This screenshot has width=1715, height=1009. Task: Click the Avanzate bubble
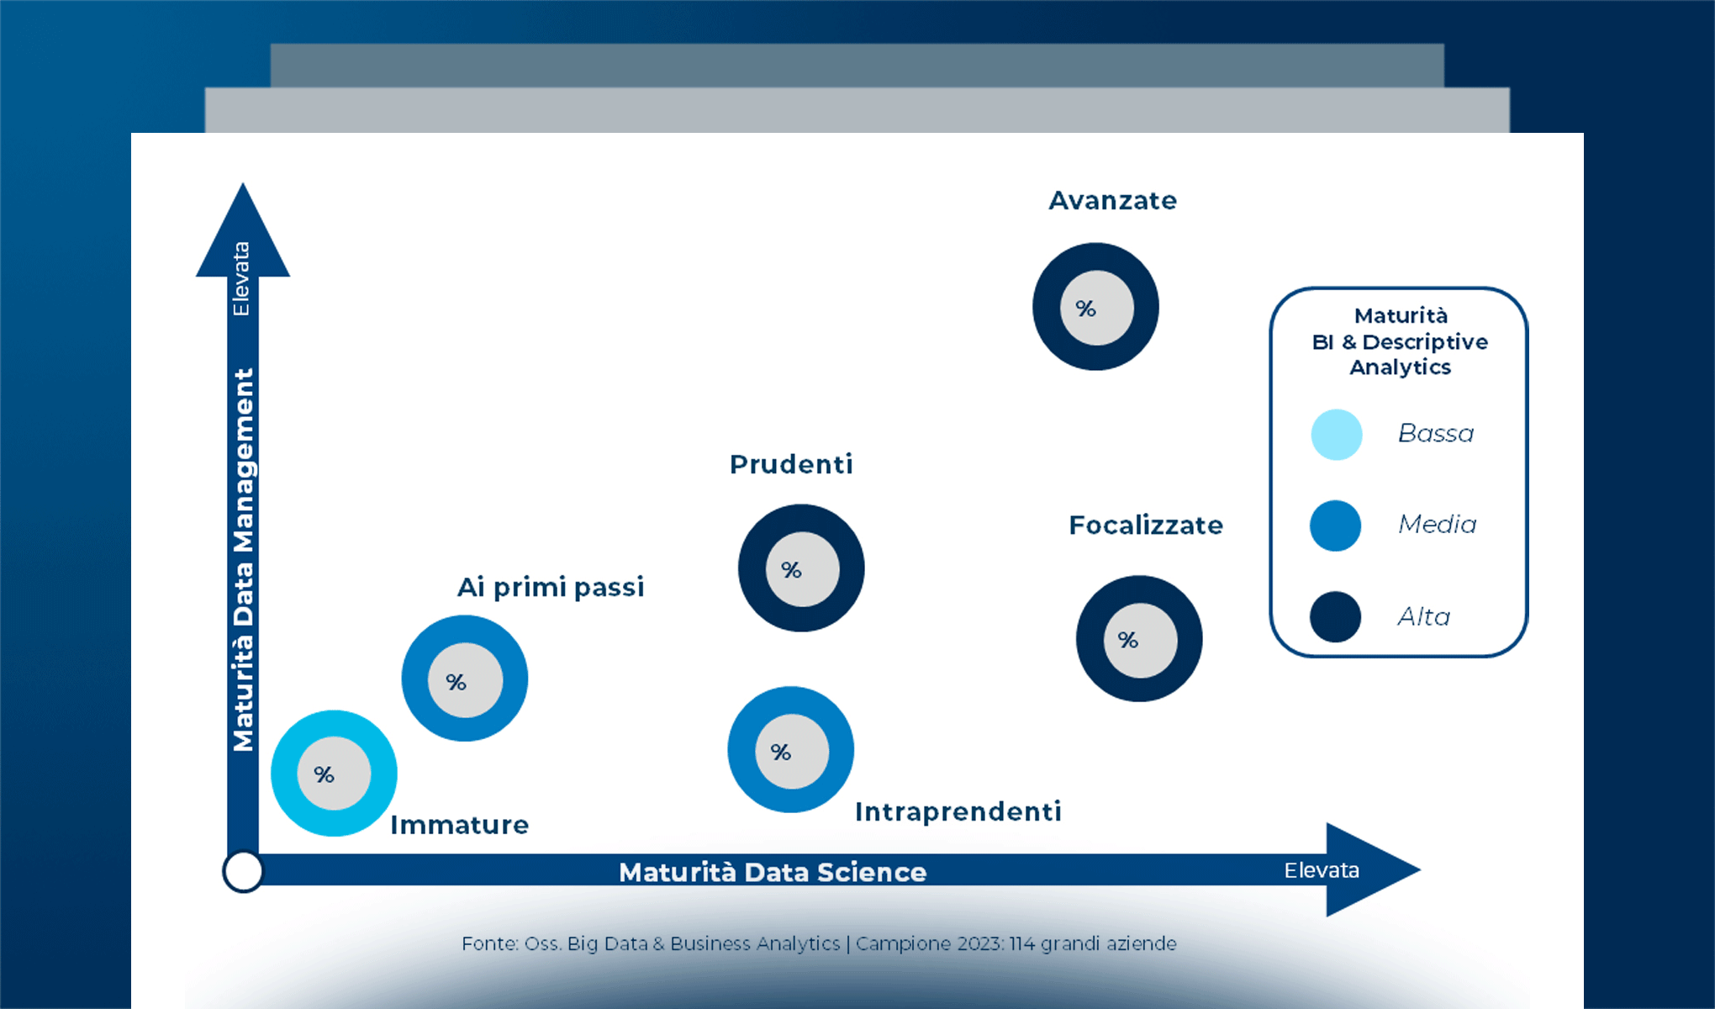tap(1095, 307)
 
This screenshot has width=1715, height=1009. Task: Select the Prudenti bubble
tap(801, 568)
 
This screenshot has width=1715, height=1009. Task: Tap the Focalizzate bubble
tap(1139, 639)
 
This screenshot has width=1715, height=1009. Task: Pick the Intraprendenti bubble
tap(791, 750)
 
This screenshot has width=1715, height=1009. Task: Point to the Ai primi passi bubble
tap(465, 679)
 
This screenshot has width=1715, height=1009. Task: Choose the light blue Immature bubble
tap(334, 774)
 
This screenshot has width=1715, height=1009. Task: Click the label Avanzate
tap(1112, 201)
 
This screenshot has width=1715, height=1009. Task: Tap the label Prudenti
tap(791, 464)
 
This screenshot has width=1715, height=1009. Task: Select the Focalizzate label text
tap(1146, 526)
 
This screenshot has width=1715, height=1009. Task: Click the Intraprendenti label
tap(958, 811)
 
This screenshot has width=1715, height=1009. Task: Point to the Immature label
tap(460, 825)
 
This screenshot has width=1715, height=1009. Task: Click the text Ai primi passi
tap(551, 587)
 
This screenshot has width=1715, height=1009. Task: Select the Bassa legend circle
tap(1337, 435)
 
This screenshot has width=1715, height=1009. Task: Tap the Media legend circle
tap(1336, 526)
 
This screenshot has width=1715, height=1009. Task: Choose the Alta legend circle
tap(1336, 616)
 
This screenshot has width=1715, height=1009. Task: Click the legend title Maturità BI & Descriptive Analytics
tap(1400, 341)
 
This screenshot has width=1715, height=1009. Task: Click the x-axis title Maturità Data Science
tap(773, 872)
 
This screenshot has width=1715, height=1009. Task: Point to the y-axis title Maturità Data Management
tap(243, 559)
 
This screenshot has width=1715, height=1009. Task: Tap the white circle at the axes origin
tap(243, 872)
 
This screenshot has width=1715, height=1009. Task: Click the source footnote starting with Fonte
tap(819, 943)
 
